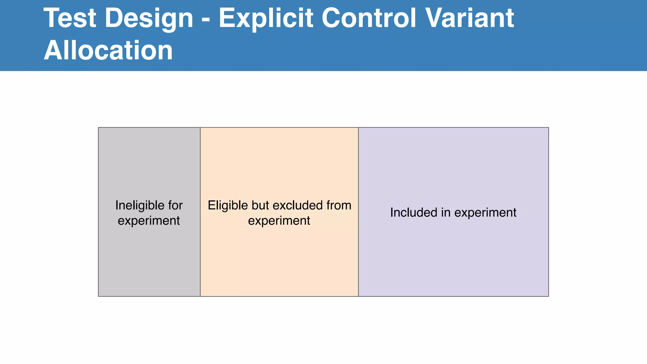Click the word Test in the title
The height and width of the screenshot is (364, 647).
pyautogui.click(x=70, y=18)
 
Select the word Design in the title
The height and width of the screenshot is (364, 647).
pyautogui.click(x=149, y=18)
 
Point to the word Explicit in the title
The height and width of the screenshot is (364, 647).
pyautogui.click(x=266, y=18)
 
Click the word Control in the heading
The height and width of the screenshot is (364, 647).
pyautogui.click(x=369, y=18)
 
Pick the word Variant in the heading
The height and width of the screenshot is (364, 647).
pyautogui.click(x=470, y=18)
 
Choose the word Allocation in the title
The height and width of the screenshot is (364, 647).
pyautogui.click(x=108, y=50)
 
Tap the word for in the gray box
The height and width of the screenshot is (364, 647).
pyautogui.click(x=175, y=205)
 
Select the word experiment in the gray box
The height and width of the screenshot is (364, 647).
pyautogui.click(x=149, y=221)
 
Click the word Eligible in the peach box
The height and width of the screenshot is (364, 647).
pyautogui.click(x=227, y=205)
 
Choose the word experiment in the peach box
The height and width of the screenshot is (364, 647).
pyautogui.click(x=279, y=221)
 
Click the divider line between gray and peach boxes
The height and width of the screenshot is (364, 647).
pyautogui.click(x=200, y=253)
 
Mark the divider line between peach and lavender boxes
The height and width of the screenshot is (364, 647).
pyautogui.click(x=359, y=253)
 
